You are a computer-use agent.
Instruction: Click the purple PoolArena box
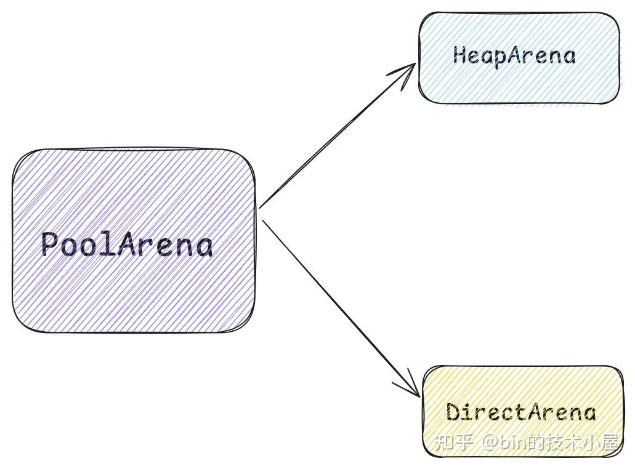(x=134, y=241)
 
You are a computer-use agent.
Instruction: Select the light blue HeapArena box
(x=519, y=58)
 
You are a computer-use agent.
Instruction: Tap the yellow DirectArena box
(x=524, y=411)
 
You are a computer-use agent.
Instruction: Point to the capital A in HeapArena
(x=515, y=55)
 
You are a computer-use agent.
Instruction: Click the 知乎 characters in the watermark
(x=454, y=443)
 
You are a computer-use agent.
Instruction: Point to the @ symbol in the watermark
(x=490, y=443)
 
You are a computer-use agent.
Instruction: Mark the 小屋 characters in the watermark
(x=601, y=443)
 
